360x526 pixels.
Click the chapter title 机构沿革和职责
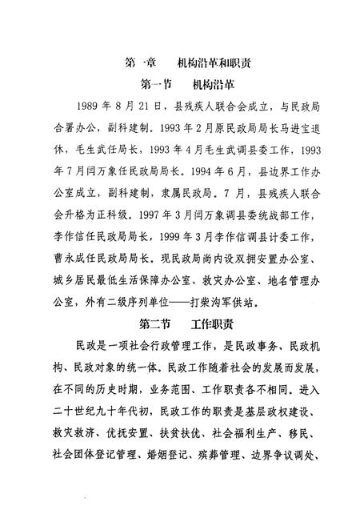point(217,62)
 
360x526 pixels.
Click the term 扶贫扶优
point(187,436)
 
